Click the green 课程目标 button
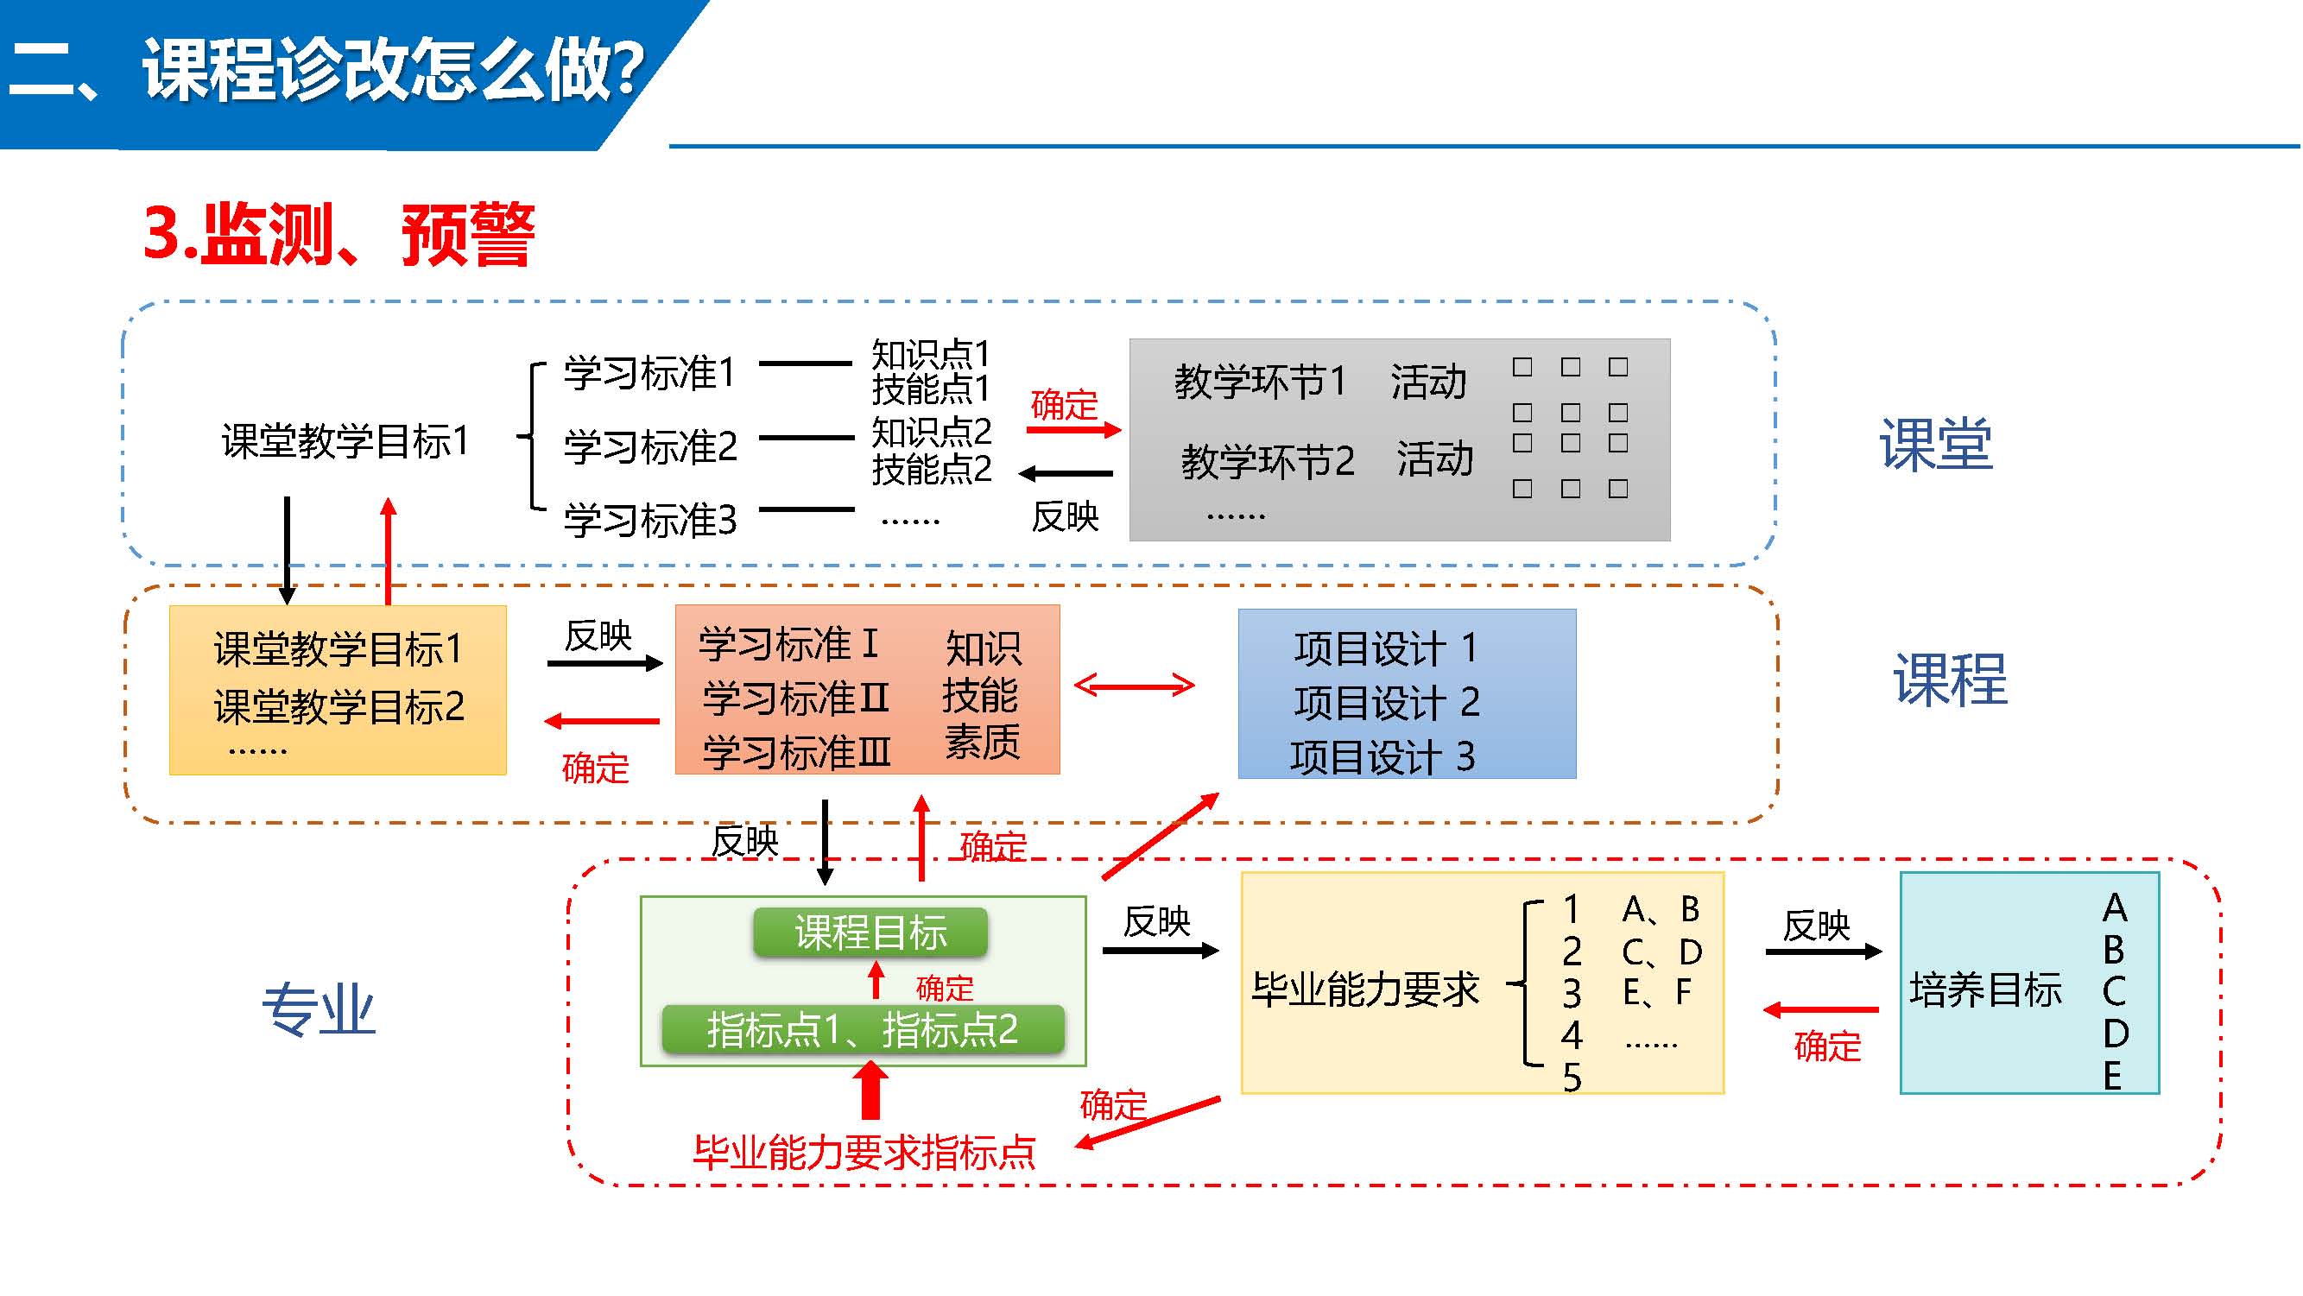(x=870, y=932)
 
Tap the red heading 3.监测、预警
(x=338, y=234)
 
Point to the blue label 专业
(x=320, y=1010)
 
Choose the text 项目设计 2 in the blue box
(x=1387, y=703)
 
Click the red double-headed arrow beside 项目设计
(x=1134, y=686)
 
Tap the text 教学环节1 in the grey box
(x=1260, y=382)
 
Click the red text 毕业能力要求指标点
(x=864, y=1152)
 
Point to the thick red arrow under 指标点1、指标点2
(x=870, y=1091)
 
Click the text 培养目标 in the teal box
(x=1985, y=990)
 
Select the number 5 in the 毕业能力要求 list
(x=1572, y=1078)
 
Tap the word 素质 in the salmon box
(x=983, y=742)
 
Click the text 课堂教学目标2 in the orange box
(x=338, y=707)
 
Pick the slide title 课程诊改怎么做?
(x=394, y=70)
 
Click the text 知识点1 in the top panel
(x=931, y=353)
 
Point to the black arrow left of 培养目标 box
(x=1823, y=951)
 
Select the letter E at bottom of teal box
(x=2112, y=1075)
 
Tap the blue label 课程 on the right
(x=1950, y=680)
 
